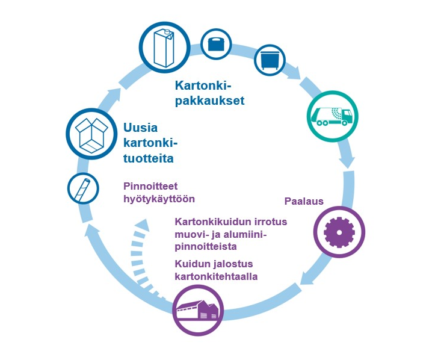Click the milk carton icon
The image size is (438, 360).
(x=165, y=48)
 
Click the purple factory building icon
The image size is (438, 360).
(x=197, y=309)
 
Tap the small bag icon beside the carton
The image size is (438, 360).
(x=216, y=44)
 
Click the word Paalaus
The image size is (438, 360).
(x=303, y=202)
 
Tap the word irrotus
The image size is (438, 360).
(x=270, y=222)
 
